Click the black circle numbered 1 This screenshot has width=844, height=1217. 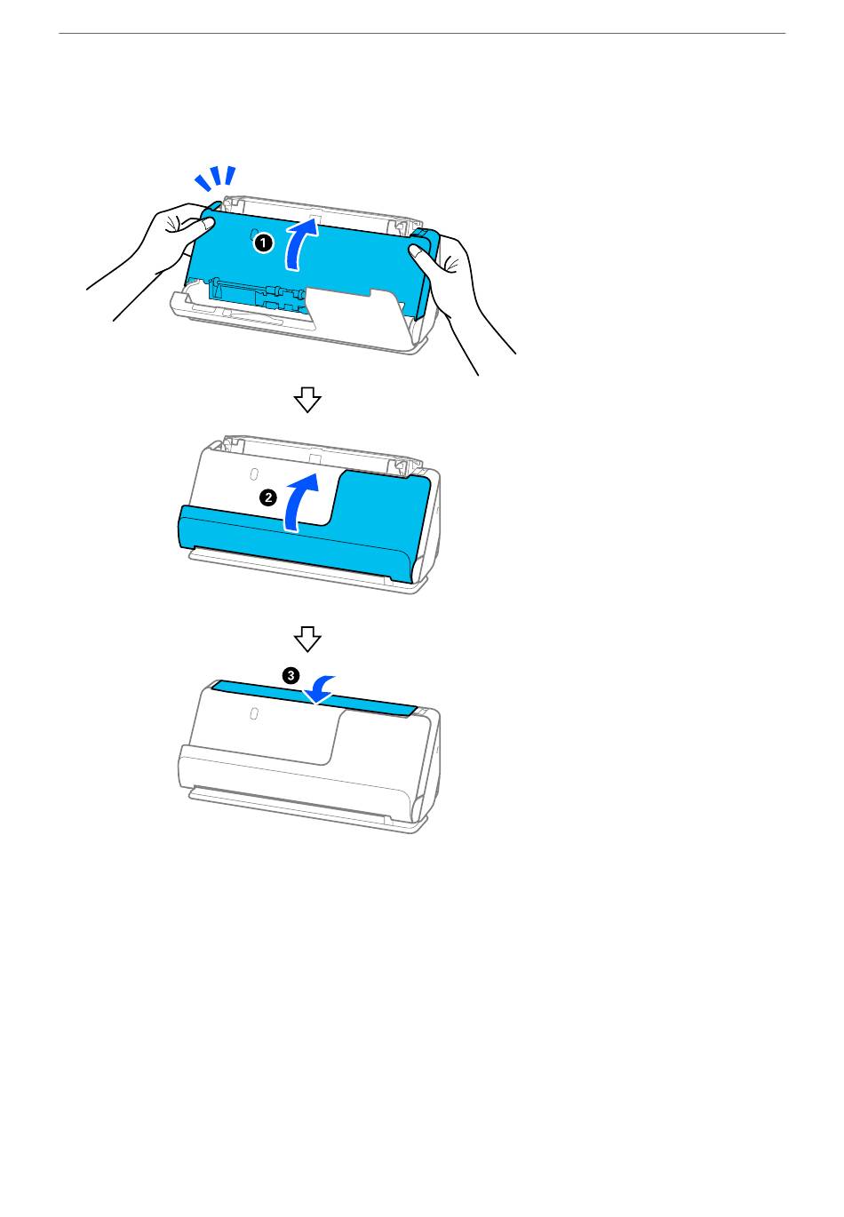click(263, 243)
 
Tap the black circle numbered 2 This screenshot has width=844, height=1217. click(268, 497)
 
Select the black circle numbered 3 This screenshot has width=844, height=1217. click(291, 675)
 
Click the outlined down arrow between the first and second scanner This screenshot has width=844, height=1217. click(307, 400)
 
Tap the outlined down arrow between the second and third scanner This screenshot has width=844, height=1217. click(307, 639)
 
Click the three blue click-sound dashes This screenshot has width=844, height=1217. click(215, 179)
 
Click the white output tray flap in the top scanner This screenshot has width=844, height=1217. click(356, 313)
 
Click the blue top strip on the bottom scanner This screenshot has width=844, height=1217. click(315, 697)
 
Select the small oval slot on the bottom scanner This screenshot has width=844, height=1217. click(253, 713)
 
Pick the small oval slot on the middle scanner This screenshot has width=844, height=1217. click(253, 473)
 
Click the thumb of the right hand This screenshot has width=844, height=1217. click(420, 254)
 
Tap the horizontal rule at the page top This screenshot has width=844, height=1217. click(422, 33)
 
